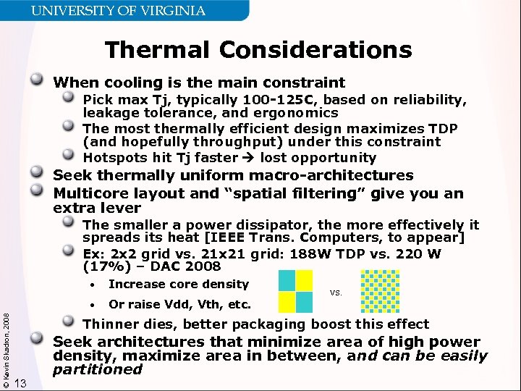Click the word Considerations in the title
[x=316, y=50]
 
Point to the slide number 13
[x=21, y=383]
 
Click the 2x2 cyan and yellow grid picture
[x=296, y=290]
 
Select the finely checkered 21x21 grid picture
[x=379, y=290]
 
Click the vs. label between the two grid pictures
[x=336, y=293]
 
